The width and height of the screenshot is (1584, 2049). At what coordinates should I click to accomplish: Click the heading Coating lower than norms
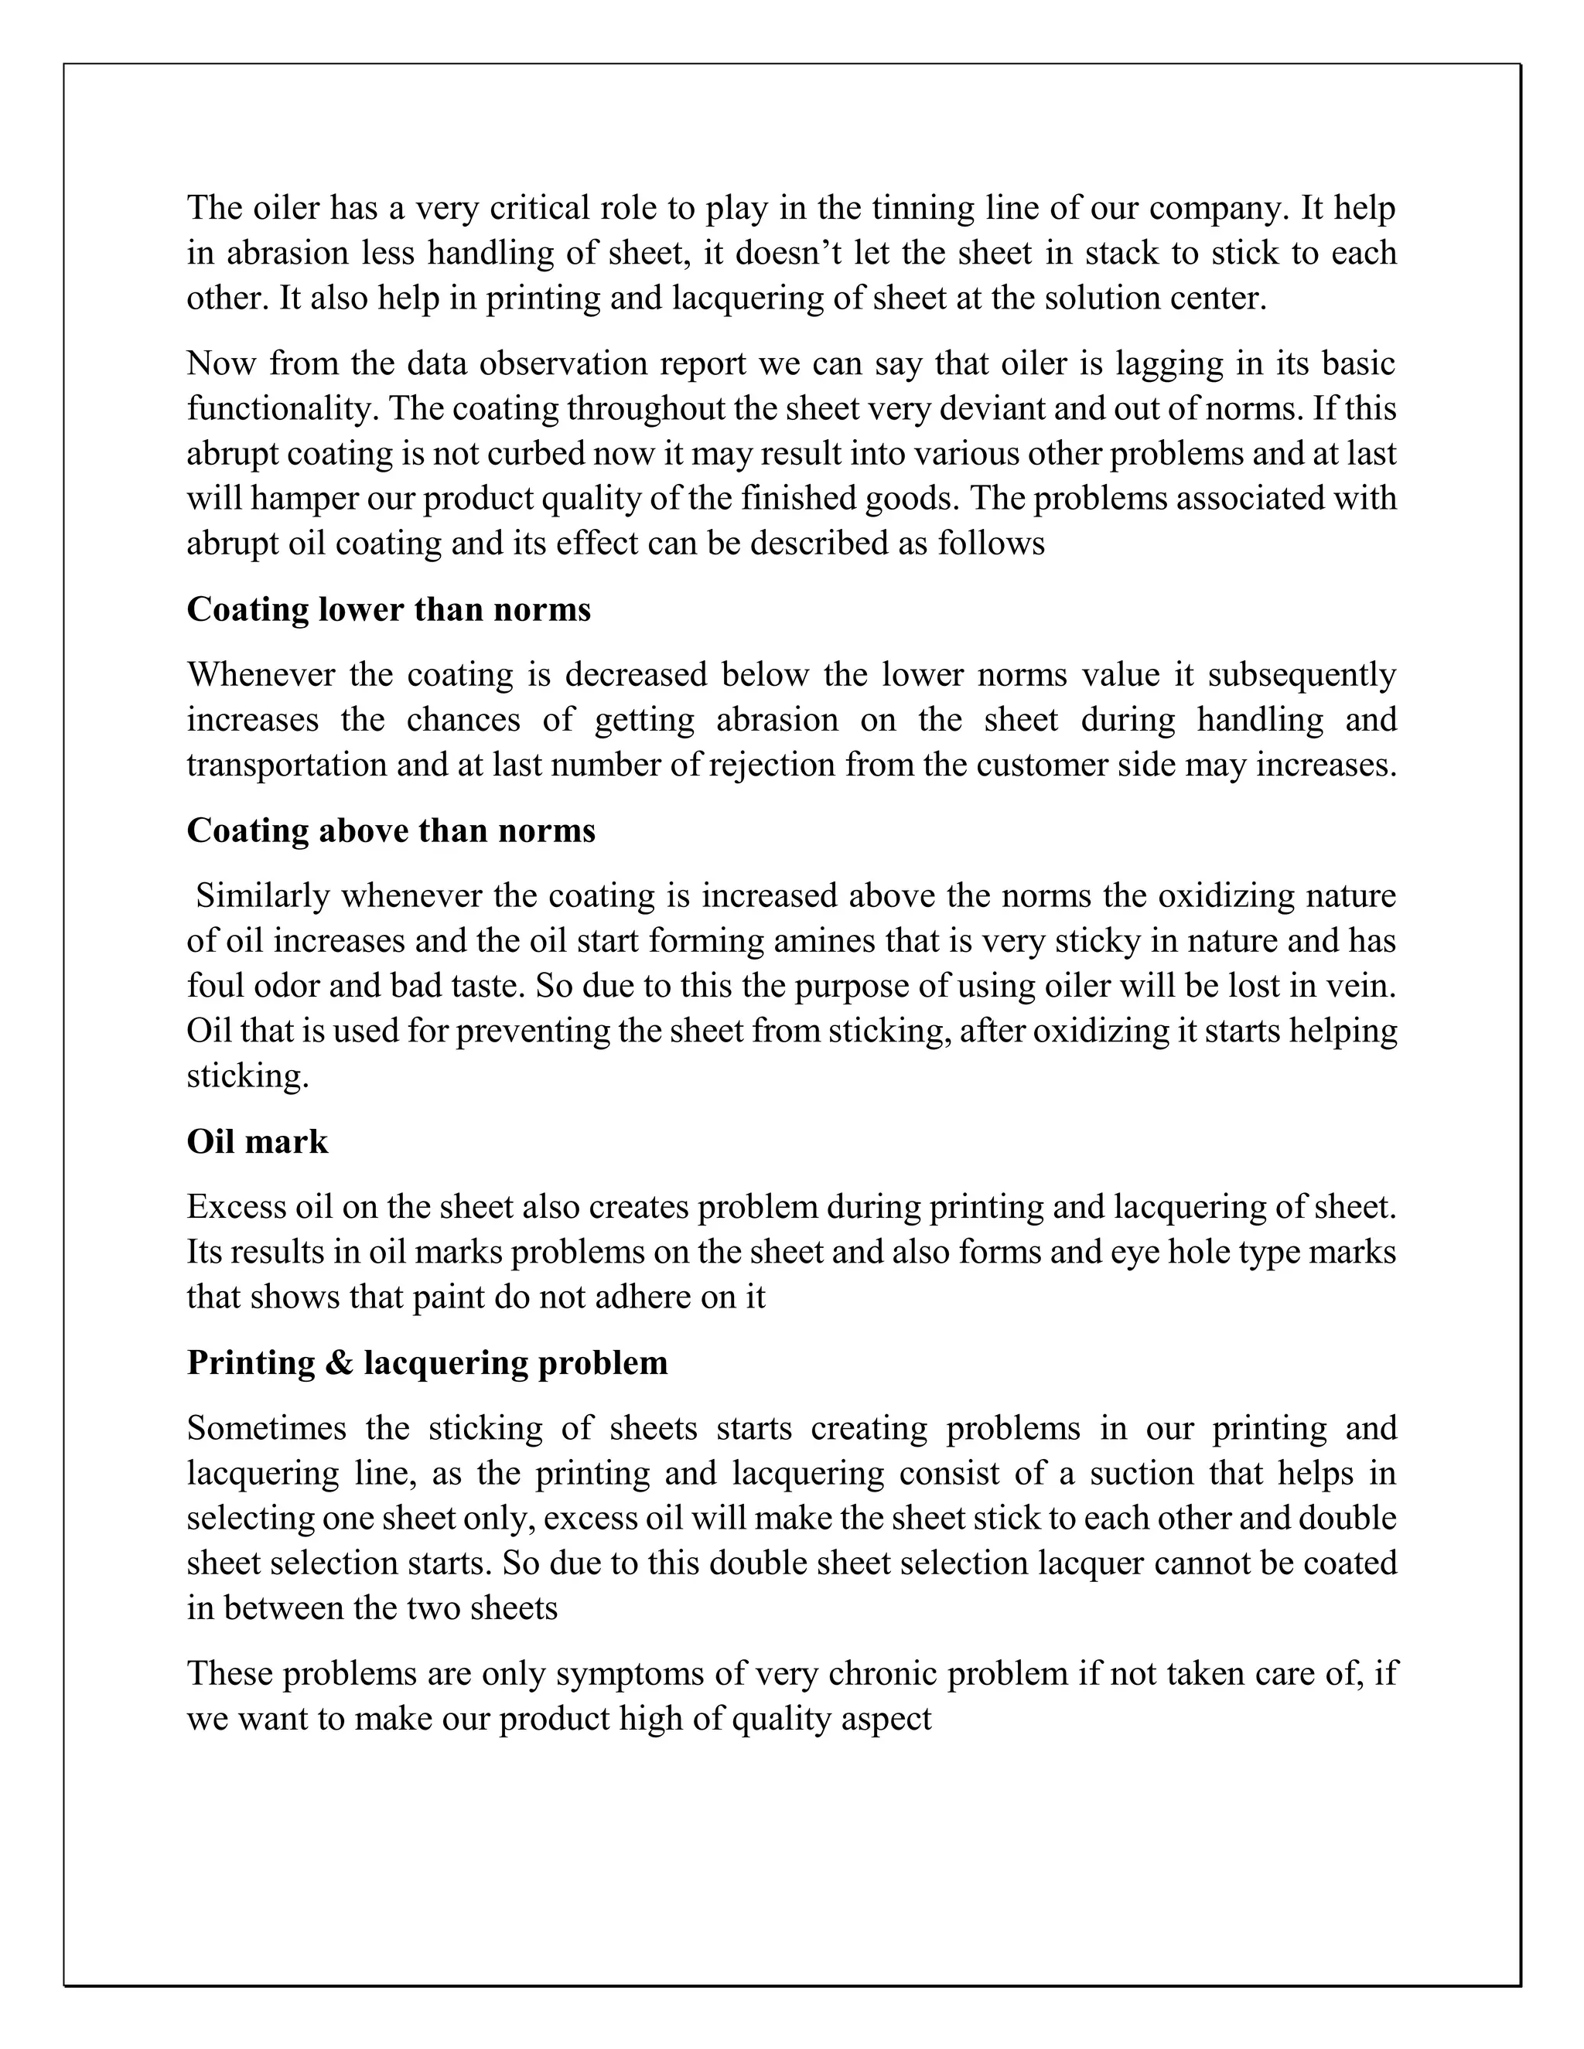388,610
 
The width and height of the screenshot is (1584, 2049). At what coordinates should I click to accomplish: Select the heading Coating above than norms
391,831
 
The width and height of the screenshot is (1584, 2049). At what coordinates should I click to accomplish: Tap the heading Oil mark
257,1142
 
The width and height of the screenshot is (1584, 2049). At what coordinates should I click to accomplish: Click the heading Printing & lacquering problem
427,1363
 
